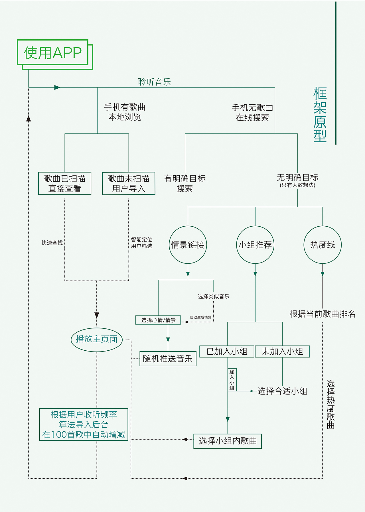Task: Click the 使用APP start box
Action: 53,53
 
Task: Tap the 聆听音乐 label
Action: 154,82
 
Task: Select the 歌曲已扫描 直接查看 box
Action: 65,183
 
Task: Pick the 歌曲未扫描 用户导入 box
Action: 129,183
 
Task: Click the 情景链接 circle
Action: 188,245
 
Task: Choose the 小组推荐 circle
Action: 255,245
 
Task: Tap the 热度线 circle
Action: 323,245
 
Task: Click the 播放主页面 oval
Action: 97,339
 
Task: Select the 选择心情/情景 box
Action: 158,320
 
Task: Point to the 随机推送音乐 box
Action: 168,359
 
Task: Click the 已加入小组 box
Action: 227,352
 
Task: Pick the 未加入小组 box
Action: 282,352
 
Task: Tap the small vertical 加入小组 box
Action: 232,380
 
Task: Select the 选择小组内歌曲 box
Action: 228,441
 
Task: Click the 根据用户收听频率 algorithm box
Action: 84,424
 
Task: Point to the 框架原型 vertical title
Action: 320,115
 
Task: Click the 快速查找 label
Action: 52,243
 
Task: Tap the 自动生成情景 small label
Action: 201,317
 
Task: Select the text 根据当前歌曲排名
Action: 323,314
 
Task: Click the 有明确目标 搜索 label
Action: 185,183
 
